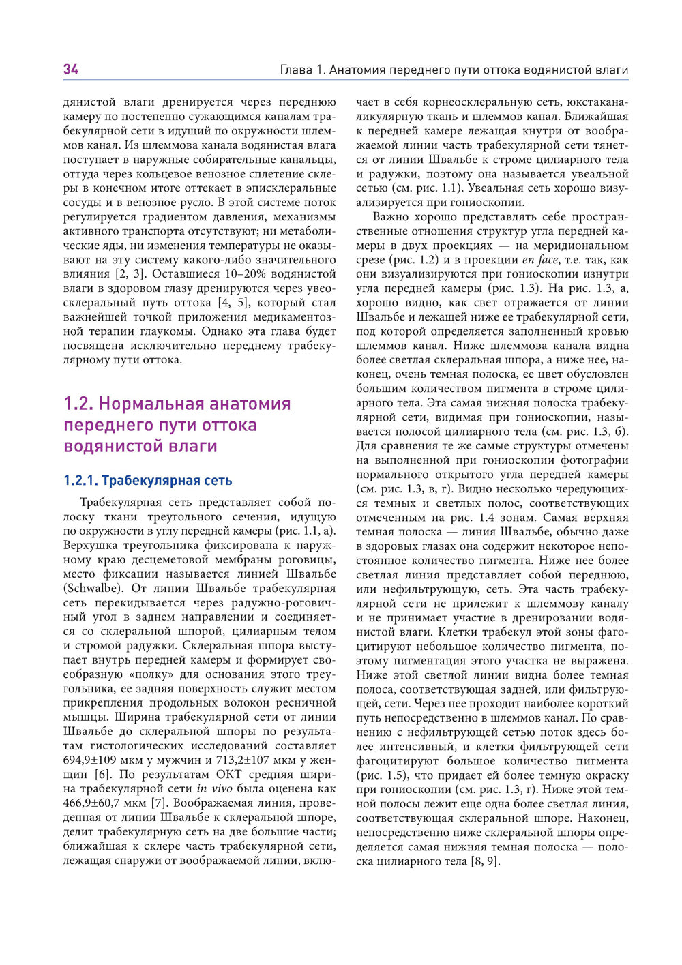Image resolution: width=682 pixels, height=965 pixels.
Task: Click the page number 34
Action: [x=71, y=69]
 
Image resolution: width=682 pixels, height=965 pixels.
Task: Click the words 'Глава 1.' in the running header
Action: [x=303, y=70]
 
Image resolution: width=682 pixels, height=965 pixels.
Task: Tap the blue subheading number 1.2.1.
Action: [x=80, y=480]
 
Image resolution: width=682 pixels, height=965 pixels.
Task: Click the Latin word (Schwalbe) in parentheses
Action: [x=93, y=589]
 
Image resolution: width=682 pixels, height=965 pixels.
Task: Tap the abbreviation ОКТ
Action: [x=230, y=775]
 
